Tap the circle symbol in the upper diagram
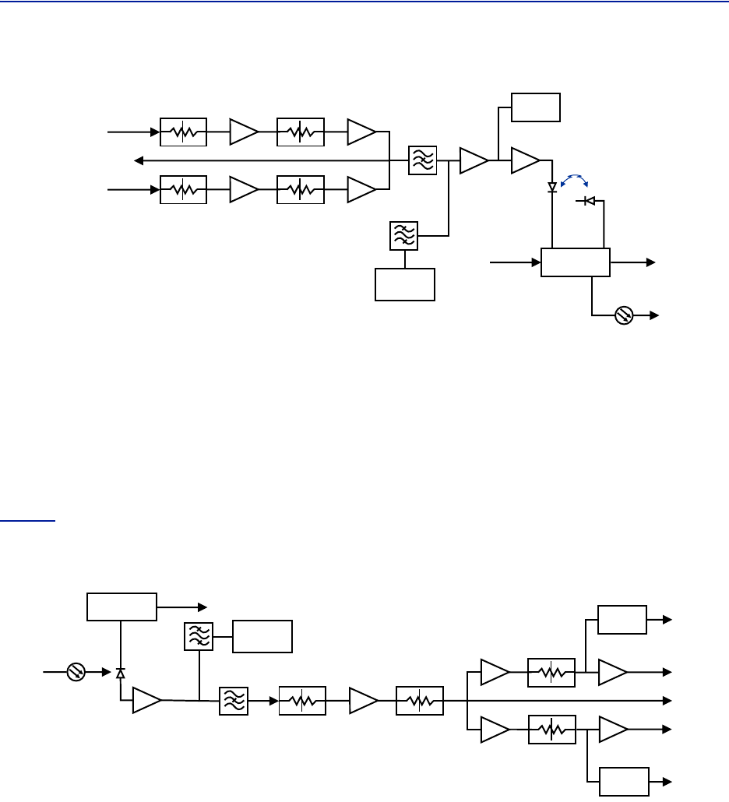coord(624,315)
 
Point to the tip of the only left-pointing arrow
coord(136,161)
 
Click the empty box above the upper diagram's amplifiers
coord(536,107)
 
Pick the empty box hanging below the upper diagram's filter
coord(405,284)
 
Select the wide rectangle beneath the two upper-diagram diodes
coord(576,263)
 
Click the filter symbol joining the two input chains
coord(423,161)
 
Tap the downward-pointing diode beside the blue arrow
coord(552,187)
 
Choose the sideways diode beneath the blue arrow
coord(590,202)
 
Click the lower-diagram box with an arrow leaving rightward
coord(121,607)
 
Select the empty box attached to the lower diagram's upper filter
coord(263,636)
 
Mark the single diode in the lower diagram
coord(120,672)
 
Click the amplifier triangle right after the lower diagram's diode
coord(146,701)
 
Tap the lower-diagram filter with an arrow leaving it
coord(234,701)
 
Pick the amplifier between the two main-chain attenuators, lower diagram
coord(364,701)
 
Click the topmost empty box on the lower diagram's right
coord(622,619)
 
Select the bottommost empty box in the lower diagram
coord(624,781)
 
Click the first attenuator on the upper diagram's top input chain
coord(183,132)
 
